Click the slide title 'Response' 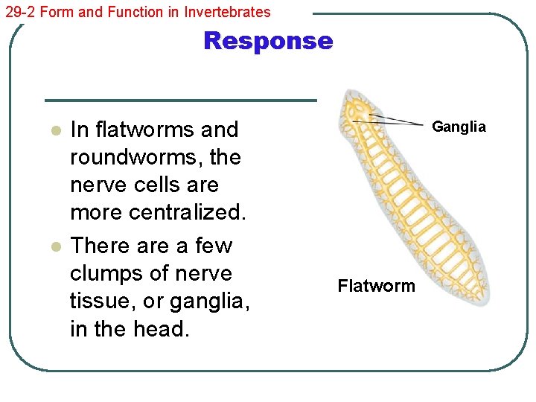(267, 41)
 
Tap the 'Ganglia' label (459, 127)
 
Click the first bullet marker (54, 131)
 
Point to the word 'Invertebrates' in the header (227, 11)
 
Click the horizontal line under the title (180, 100)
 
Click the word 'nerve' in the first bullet (95, 185)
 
